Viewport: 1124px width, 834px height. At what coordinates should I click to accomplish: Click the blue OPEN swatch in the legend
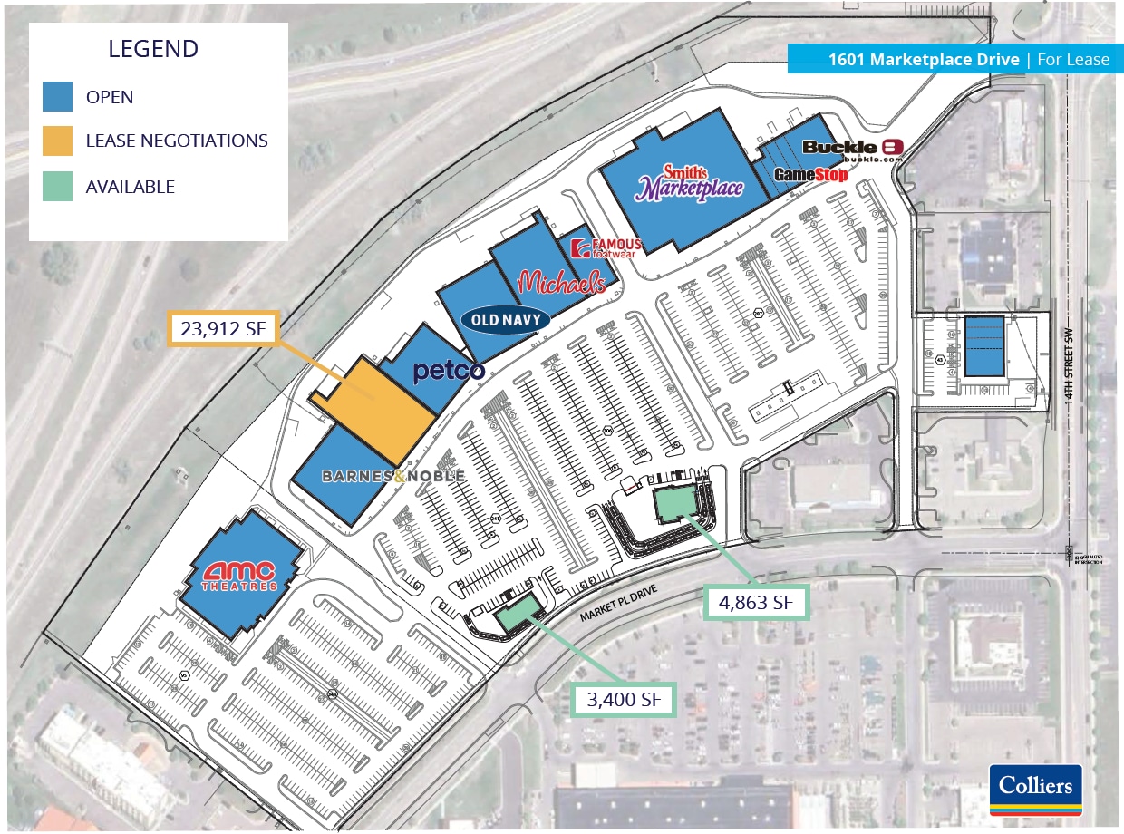pos(57,97)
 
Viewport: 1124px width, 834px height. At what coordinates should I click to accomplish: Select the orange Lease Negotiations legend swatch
pos(57,141)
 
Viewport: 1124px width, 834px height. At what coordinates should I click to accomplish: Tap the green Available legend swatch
pos(57,187)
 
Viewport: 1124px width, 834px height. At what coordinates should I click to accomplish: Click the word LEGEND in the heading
pos(154,49)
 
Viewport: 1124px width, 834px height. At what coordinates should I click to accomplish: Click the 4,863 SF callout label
pos(755,601)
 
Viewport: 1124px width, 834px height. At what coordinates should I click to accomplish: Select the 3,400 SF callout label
pos(624,699)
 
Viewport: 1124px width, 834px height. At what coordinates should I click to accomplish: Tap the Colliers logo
pos(1036,786)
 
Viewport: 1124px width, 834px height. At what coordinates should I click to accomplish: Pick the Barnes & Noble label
pos(393,476)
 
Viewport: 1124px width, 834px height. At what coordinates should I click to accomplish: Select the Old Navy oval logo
pos(507,319)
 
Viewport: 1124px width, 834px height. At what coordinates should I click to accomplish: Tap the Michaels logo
pos(562,282)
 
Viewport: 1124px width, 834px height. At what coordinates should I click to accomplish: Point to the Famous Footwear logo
pos(607,247)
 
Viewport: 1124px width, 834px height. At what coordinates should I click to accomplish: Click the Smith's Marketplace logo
pos(691,184)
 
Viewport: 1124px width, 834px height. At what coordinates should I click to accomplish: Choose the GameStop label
pos(810,174)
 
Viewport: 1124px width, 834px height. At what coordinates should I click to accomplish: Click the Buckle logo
pos(852,150)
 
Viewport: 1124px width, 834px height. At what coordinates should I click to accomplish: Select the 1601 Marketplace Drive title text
pos(925,60)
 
